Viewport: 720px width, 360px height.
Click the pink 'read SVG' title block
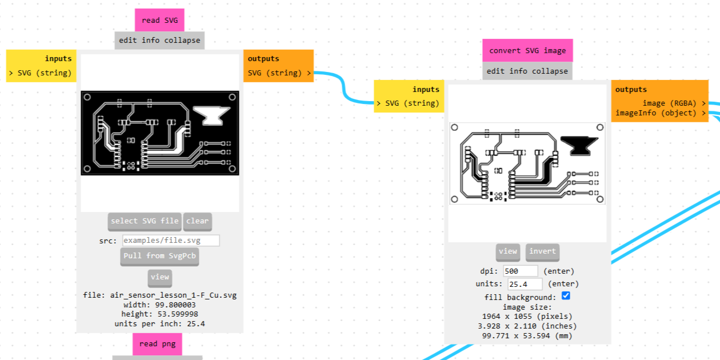pos(159,20)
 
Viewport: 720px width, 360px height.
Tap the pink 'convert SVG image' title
pos(527,50)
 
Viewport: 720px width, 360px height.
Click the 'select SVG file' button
pos(145,221)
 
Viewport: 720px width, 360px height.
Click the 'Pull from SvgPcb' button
pos(159,256)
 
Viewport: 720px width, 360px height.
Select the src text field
pos(171,241)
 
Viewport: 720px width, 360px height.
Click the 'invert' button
pos(543,251)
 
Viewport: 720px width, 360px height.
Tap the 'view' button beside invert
pos(508,251)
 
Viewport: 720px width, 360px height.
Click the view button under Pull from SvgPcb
pos(160,277)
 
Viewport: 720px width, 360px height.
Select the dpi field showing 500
pos(520,271)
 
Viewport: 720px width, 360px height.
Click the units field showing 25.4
pos(525,284)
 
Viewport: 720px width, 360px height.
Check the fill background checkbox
pos(566,296)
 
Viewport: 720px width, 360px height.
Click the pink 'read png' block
pos(158,344)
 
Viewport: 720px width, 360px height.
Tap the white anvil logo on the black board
pos(212,115)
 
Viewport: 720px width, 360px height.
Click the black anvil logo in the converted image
pos(579,146)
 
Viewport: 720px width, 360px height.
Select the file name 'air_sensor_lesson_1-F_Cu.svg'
pos(173,295)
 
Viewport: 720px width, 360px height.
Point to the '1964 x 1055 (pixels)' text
pos(527,317)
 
